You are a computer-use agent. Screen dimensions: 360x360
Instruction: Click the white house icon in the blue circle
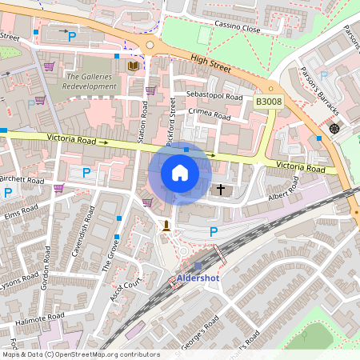pyautogui.click(x=180, y=172)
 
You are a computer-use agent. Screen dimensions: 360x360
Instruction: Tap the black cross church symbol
pyautogui.click(x=222, y=190)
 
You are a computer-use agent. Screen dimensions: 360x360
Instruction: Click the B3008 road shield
pyautogui.click(x=268, y=102)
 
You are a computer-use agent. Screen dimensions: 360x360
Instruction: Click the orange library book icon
pyautogui.click(x=133, y=65)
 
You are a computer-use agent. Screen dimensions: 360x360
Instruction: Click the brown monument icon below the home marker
pyautogui.click(x=166, y=226)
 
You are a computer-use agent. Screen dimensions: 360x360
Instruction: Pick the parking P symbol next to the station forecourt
pyautogui.click(x=213, y=232)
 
